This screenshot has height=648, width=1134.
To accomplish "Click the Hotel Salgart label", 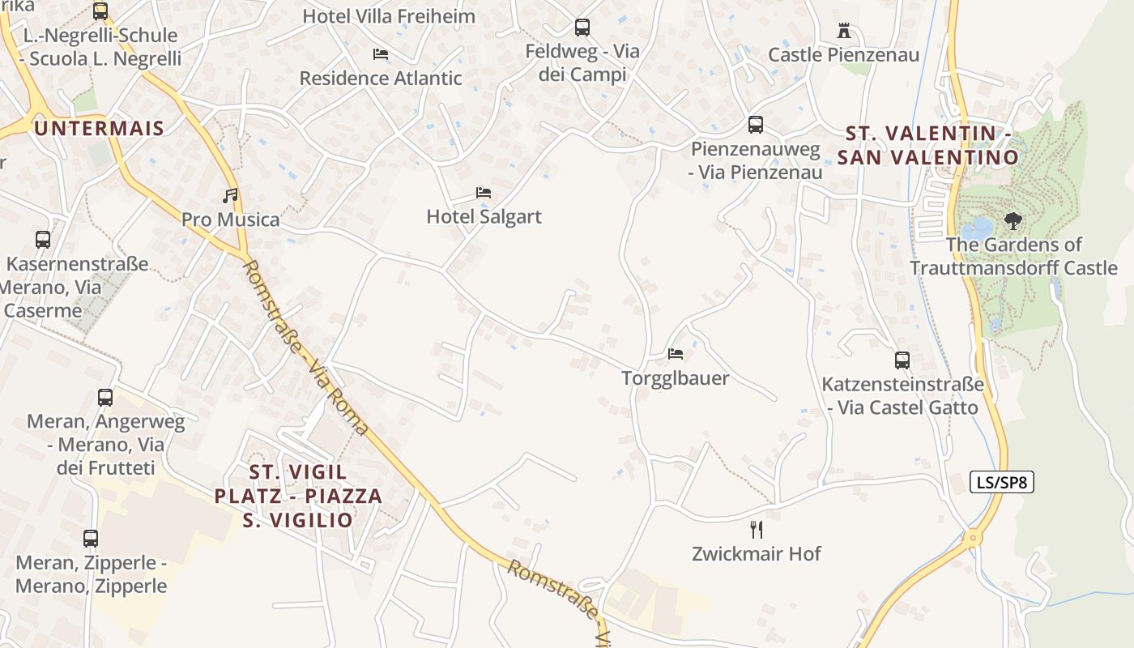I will click(484, 216).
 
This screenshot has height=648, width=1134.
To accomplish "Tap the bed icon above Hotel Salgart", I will click(484, 193).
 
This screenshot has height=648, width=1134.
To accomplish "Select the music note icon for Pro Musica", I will click(231, 195).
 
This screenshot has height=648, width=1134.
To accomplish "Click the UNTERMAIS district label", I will click(99, 128).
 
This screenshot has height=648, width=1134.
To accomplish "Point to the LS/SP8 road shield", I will click(1001, 482).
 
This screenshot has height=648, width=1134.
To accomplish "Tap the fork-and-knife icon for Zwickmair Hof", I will click(757, 530).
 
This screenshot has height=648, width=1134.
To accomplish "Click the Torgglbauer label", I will click(676, 378).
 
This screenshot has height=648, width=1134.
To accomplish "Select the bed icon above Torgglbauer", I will click(676, 354).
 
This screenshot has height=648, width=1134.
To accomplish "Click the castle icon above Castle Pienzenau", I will click(844, 32).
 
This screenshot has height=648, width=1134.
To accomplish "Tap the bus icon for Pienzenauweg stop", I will click(756, 125).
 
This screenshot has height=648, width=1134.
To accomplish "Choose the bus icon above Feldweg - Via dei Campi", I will click(582, 28).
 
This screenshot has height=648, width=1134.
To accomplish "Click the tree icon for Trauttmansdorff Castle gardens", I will click(1013, 220).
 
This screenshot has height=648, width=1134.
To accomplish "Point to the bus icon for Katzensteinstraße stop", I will click(902, 360).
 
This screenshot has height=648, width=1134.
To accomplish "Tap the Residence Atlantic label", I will click(381, 79).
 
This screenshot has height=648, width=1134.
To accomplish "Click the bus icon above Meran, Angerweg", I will click(105, 398).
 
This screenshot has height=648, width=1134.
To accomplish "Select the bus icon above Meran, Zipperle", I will click(91, 539).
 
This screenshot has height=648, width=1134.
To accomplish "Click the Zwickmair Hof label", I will click(757, 554).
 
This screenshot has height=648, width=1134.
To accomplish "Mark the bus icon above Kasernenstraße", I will click(43, 240).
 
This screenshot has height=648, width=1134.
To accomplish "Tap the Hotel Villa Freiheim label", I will click(389, 16).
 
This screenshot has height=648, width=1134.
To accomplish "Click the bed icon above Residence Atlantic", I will click(381, 54).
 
